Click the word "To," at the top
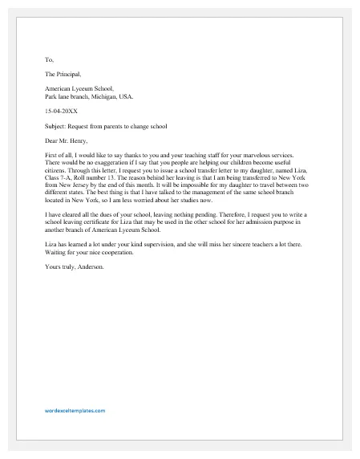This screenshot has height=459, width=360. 49,59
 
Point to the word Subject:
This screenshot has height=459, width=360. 57,125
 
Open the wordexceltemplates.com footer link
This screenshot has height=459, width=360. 75,410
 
